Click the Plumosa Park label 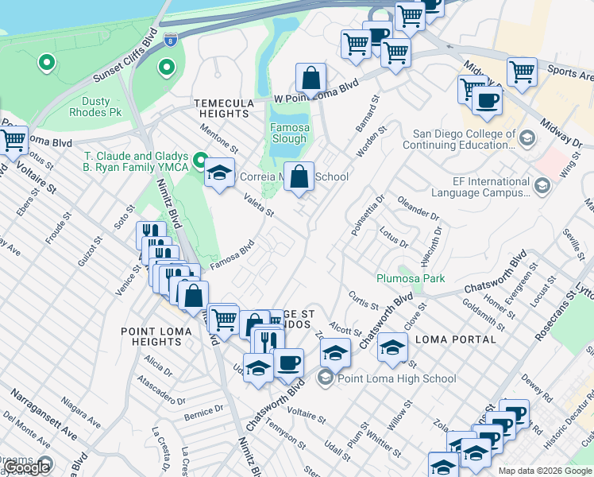pos(410,278)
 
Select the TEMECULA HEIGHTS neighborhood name pos(225,109)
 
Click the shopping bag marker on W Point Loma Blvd pos(310,79)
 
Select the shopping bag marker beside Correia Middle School pos(299,177)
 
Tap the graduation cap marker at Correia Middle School pos(219,173)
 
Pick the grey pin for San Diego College pos(526,140)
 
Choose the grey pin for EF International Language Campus pos(542,186)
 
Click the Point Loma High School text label pos(397,378)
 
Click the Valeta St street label pos(258,206)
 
